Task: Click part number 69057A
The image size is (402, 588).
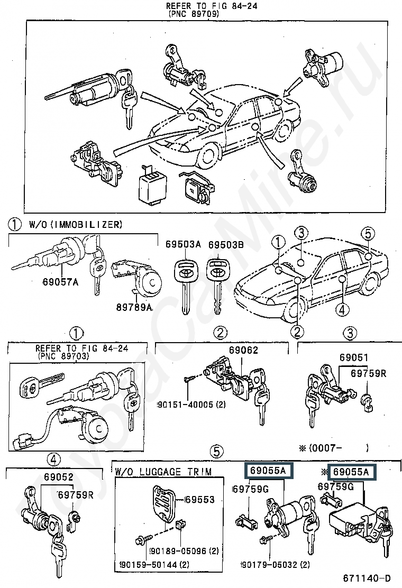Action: (x=60, y=282)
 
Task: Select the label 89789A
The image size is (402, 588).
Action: (x=134, y=307)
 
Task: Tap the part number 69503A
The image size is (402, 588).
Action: (x=183, y=244)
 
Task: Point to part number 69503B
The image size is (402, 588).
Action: (x=226, y=244)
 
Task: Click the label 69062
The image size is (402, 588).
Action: (x=243, y=350)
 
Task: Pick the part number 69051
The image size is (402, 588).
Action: (x=354, y=357)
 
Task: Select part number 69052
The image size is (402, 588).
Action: (x=59, y=477)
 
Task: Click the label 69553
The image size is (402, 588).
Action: (x=200, y=500)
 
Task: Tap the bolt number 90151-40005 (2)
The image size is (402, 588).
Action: (x=191, y=405)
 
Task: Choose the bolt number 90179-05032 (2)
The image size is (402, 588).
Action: (x=275, y=564)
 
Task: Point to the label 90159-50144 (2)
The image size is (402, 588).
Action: (x=154, y=564)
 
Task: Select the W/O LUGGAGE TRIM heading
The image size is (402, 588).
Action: (x=163, y=472)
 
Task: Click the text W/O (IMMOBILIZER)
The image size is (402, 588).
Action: (x=76, y=224)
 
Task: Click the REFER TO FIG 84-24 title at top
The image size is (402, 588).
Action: (x=212, y=6)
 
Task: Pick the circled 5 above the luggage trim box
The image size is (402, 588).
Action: (x=217, y=452)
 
